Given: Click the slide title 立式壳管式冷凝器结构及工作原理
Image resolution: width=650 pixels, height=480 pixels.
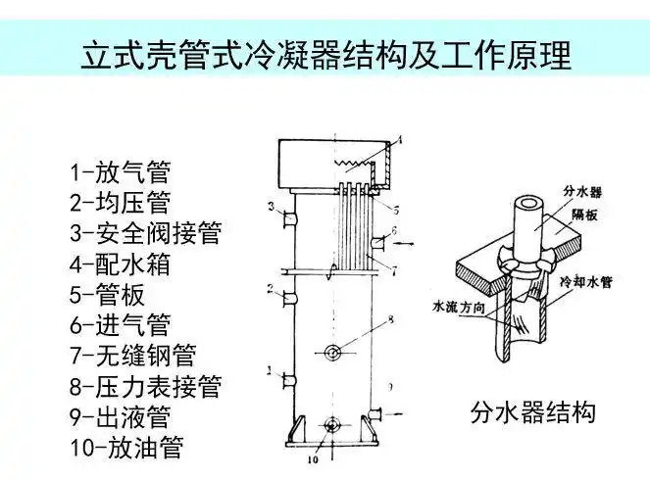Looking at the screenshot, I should tap(325, 55).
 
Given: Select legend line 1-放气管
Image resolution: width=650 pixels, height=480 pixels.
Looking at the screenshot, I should tap(120, 173).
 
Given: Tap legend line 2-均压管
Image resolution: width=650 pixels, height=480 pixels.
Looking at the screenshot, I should tap(120, 204).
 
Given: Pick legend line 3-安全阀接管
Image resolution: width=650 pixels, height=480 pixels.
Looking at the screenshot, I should tap(145, 234).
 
